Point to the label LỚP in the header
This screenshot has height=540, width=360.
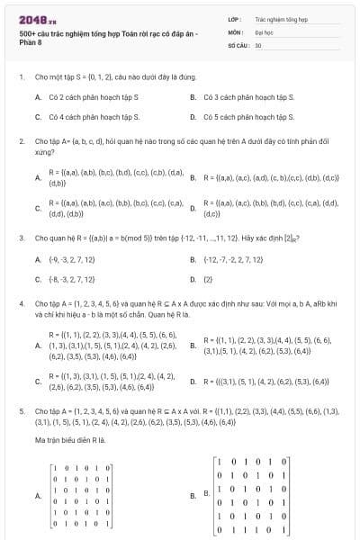tap(234, 18)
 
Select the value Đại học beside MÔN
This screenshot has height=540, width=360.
tap(265, 31)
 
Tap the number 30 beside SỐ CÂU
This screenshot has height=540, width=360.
tap(258, 44)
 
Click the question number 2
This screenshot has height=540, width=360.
tap(21, 141)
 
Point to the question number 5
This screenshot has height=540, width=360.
tap(21, 409)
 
